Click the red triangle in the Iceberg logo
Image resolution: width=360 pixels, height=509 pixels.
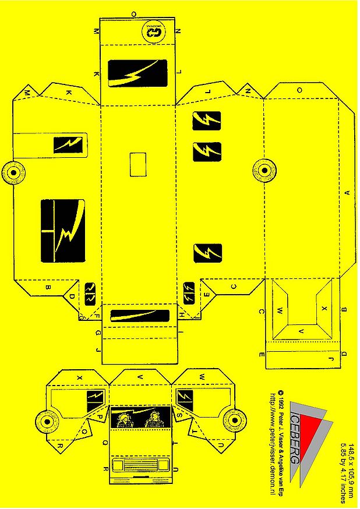coord(315,433)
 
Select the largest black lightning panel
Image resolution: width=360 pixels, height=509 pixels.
coord(62,230)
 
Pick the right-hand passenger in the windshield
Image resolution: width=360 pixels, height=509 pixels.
coord(155,418)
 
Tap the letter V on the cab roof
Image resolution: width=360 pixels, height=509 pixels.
coord(139,378)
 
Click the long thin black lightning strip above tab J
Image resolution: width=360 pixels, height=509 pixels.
coord(139,316)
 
